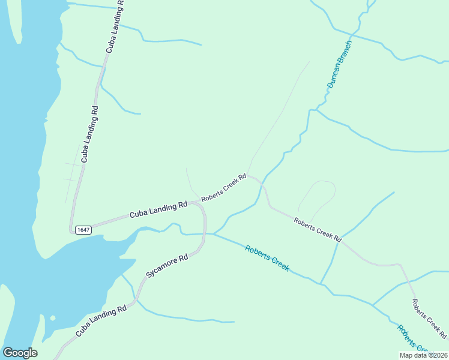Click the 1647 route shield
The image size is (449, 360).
click(x=82, y=230)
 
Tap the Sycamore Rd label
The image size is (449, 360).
click(x=167, y=266)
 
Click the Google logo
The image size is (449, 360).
click(x=20, y=353)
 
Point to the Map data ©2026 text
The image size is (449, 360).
click(x=423, y=355)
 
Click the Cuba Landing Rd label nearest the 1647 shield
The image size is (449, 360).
click(x=158, y=210)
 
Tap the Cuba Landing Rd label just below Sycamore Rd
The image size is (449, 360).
click(x=101, y=322)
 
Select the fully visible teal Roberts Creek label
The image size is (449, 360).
click(x=267, y=258)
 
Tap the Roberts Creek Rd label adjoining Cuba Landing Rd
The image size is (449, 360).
click(x=224, y=188)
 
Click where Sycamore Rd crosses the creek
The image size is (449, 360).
click(x=205, y=234)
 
